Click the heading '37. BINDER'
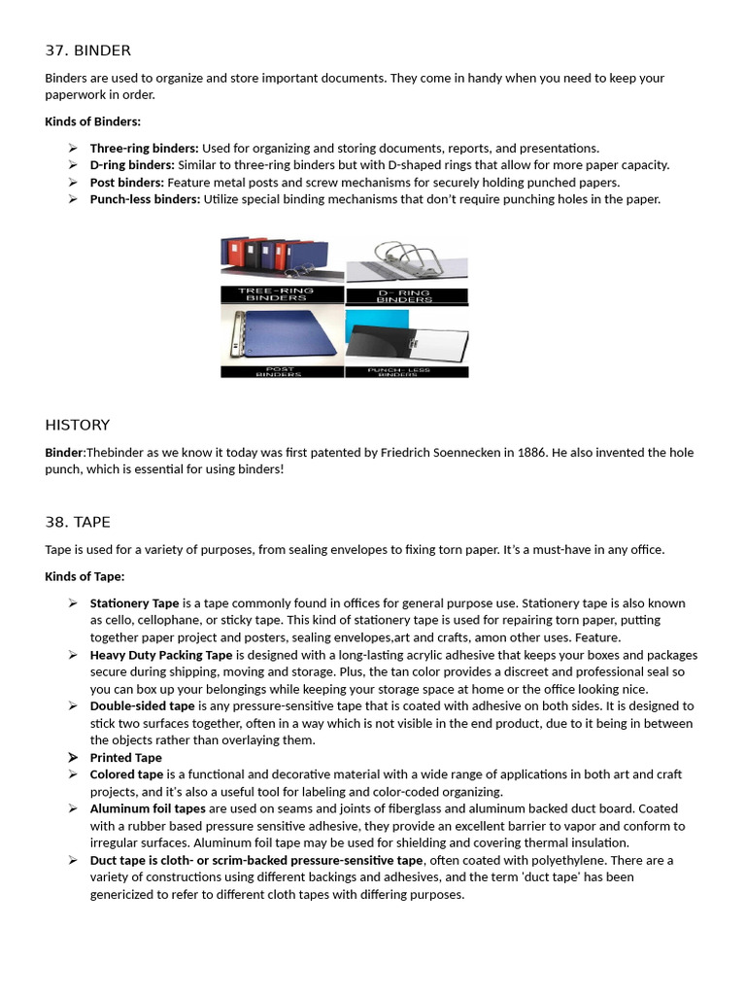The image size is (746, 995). (x=87, y=51)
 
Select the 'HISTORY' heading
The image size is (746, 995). (x=78, y=425)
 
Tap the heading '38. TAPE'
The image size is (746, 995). (x=78, y=522)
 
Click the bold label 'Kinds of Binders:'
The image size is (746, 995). (x=92, y=121)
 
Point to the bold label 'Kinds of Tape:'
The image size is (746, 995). (x=85, y=576)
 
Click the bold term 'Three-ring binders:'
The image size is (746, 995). (x=144, y=148)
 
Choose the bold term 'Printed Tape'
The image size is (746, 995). (x=126, y=758)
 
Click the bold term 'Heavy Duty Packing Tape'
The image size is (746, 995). (x=161, y=655)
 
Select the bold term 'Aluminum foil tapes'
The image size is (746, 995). (x=148, y=808)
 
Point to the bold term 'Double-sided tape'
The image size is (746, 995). (x=143, y=706)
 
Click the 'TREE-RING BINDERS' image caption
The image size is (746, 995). (x=281, y=293)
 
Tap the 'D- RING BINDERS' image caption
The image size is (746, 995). (x=405, y=295)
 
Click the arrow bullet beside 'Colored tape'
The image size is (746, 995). (x=73, y=774)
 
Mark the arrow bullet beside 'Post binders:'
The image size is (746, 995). (x=73, y=182)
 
